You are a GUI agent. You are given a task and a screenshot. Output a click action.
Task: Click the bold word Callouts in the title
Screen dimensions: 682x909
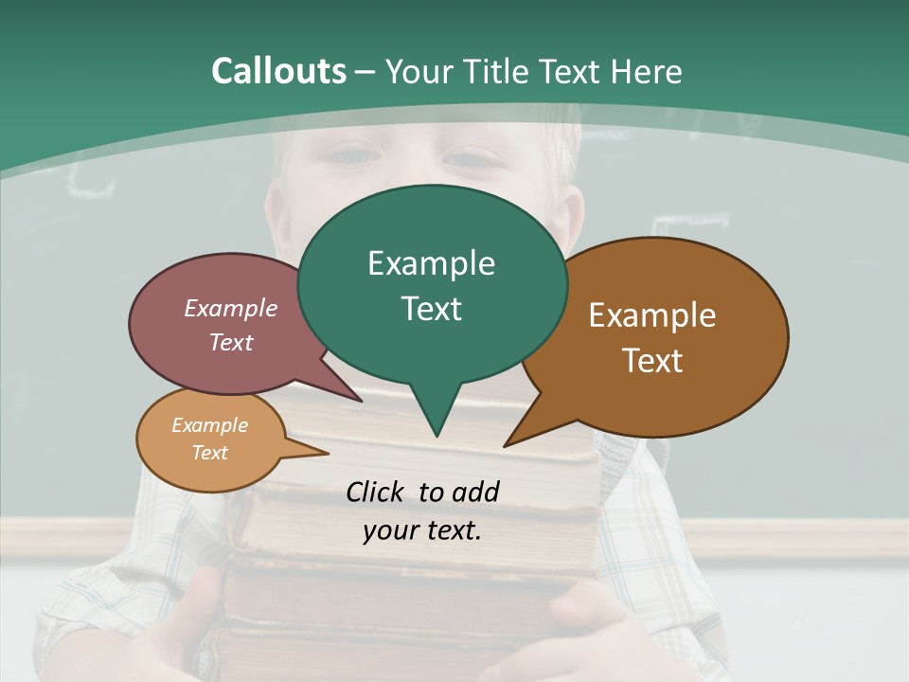279,71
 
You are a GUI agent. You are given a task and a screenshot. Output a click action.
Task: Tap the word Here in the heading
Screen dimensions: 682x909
648,71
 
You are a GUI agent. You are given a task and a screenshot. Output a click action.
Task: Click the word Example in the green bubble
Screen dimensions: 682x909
431,263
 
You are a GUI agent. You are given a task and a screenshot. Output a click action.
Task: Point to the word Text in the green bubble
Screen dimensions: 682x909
431,309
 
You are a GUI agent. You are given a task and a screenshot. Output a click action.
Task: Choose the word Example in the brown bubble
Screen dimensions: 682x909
652,315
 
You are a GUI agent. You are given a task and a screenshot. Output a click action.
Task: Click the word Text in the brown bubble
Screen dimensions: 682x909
652,361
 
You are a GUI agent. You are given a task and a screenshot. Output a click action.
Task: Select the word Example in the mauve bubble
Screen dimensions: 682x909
231,308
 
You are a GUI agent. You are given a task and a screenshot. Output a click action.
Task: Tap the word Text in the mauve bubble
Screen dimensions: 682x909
231,342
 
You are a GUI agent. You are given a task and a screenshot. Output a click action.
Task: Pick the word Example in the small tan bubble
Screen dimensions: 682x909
210,425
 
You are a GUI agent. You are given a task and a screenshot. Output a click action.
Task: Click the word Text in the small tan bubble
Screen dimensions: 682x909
210,453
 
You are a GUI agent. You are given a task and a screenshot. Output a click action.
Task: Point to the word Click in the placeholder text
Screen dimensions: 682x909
376,492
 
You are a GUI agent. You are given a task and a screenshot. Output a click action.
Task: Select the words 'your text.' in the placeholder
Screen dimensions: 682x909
422,530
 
